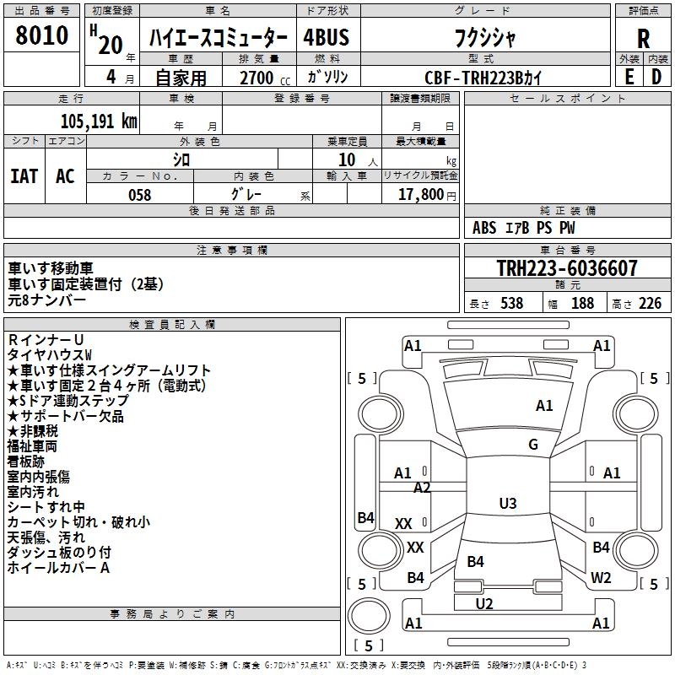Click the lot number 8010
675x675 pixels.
pyautogui.click(x=42, y=36)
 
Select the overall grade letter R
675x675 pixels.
pyautogui.click(x=644, y=38)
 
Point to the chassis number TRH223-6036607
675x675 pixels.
pyautogui.click(x=567, y=268)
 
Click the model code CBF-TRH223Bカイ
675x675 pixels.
pyautogui.click(x=483, y=77)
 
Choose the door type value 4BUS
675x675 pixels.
pyautogui.click(x=327, y=38)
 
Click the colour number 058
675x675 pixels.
pyautogui.click(x=139, y=195)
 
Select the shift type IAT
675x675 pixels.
pyautogui.click(x=24, y=175)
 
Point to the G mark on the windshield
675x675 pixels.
pyautogui.click(x=533, y=445)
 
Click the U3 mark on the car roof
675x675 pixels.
pyautogui.click(x=507, y=504)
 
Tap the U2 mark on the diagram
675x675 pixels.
pyautogui.click(x=484, y=603)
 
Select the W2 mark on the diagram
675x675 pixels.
pyautogui.click(x=601, y=578)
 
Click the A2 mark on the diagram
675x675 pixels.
pyautogui.click(x=422, y=488)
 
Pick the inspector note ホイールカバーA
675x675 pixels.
pyautogui.click(x=59, y=568)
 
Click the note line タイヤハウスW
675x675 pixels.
pyautogui.click(x=50, y=354)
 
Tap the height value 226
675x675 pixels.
pyautogui.click(x=650, y=304)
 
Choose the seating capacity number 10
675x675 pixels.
pyautogui.click(x=347, y=159)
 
